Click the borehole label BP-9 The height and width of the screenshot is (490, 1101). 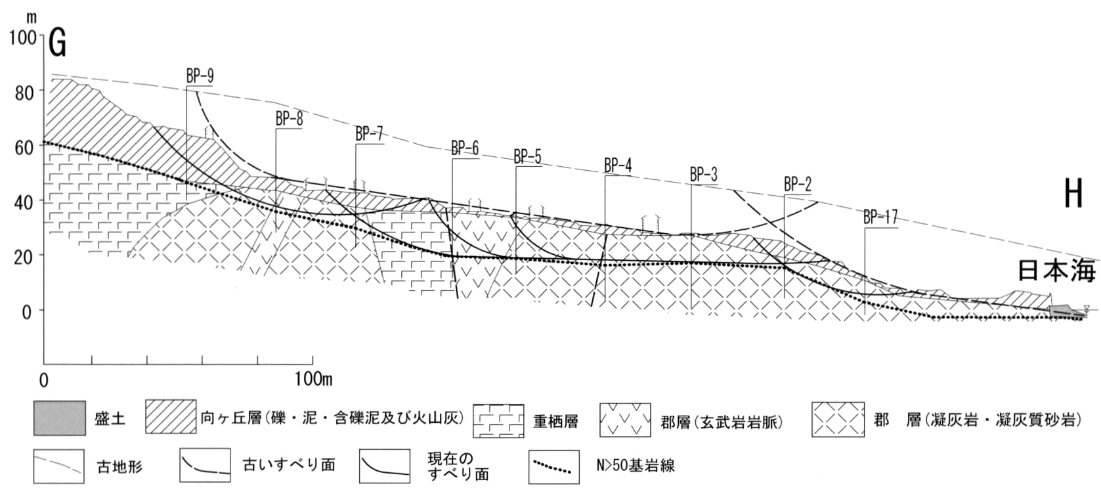(x=200, y=76)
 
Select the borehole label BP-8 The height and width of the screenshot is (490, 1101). (x=289, y=119)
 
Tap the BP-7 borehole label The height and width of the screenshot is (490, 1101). (x=369, y=134)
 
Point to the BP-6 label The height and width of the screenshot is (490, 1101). (x=465, y=148)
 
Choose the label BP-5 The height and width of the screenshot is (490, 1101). (x=527, y=157)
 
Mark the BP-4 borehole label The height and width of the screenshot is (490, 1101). (x=618, y=166)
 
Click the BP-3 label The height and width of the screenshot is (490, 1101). (x=703, y=175)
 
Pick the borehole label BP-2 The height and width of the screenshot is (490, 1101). (x=798, y=185)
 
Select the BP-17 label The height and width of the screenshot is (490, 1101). (x=880, y=217)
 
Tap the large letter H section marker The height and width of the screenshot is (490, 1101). (x=1073, y=193)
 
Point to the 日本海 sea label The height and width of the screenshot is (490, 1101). (x=1056, y=271)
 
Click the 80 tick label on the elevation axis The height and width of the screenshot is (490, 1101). (x=24, y=93)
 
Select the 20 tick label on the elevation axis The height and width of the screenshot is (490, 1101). (x=24, y=257)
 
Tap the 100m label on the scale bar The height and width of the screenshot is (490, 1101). (x=314, y=379)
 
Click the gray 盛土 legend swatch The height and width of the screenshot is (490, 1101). (x=60, y=418)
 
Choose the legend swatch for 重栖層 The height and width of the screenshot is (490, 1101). (x=498, y=420)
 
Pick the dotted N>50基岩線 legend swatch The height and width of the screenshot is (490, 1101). (x=553, y=466)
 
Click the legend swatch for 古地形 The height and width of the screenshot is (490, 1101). (x=58, y=466)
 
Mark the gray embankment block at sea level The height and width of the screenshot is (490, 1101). (x=1060, y=310)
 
